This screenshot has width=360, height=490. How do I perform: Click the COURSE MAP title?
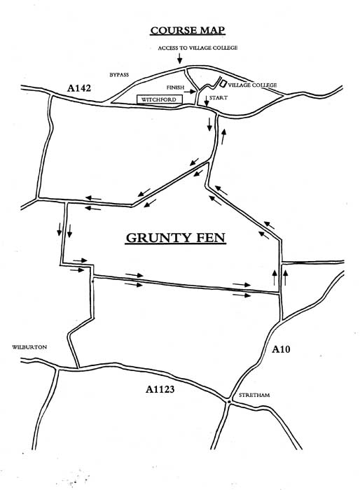pyautogui.click(x=187, y=30)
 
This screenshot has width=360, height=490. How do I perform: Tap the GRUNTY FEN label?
pyautogui.click(x=176, y=238)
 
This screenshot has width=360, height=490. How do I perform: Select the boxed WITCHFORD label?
pyautogui.click(x=159, y=99)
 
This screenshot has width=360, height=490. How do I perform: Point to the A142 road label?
pyautogui.click(x=79, y=88)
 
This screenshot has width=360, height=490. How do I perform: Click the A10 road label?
pyautogui.click(x=281, y=349)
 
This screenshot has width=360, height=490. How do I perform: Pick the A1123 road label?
pyautogui.click(x=160, y=389)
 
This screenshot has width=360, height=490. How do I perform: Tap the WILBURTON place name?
pyautogui.click(x=29, y=347)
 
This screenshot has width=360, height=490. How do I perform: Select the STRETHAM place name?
pyautogui.click(x=254, y=395)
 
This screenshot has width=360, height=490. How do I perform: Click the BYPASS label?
pyautogui.click(x=119, y=75)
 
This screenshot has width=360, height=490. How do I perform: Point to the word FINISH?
pyautogui.click(x=176, y=87)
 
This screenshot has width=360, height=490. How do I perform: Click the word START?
pyautogui.click(x=219, y=98)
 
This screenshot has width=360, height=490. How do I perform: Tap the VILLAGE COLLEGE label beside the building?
pyautogui.click(x=252, y=85)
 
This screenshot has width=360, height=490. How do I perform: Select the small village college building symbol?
pyautogui.click(x=223, y=83)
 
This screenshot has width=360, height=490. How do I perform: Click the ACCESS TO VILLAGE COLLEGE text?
pyautogui.click(x=198, y=48)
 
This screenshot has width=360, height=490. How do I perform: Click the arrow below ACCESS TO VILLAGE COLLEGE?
pyautogui.click(x=179, y=58)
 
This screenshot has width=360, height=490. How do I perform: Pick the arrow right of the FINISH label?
pyautogui.click(x=190, y=92)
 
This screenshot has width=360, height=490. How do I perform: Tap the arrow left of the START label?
pyautogui.click(x=206, y=101)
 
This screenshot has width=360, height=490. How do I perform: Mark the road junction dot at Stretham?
pyautogui.click(x=229, y=401)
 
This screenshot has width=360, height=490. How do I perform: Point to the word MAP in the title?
pyautogui.click(x=212, y=30)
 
